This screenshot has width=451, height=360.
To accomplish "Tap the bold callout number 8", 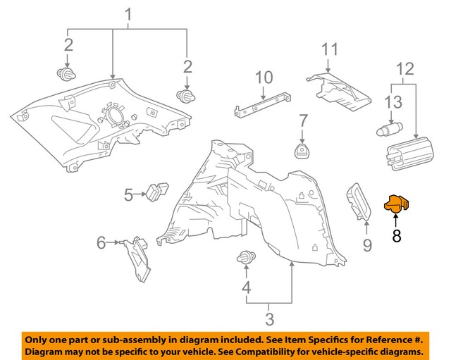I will pyautogui.click(x=396, y=236).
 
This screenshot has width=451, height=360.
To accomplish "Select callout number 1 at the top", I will pyautogui.click(x=128, y=14).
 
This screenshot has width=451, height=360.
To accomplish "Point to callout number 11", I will pyautogui.click(x=330, y=49).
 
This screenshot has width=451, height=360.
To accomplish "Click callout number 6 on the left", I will pyautogui.click(x=101, y=243).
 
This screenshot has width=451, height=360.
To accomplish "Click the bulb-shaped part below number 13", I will pyautogui.click(x=389, y=129).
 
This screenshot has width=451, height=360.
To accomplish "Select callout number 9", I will pyautogui.click(x=366, y=245).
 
